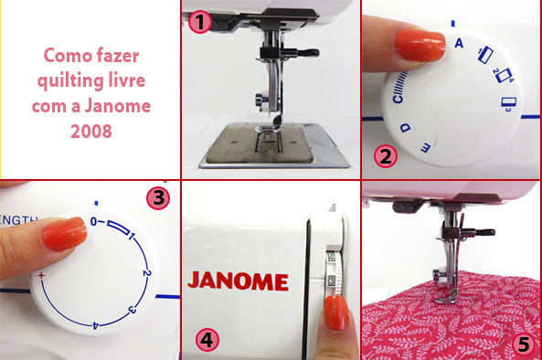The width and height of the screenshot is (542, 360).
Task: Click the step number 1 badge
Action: (199, 20)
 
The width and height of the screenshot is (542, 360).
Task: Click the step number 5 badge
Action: (522, 344)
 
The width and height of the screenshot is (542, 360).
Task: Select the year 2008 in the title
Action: (90, 130)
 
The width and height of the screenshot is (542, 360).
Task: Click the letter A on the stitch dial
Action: (458, 42)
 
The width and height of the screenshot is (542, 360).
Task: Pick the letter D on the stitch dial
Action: (403, 124)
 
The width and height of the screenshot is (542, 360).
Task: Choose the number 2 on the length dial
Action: (147, 273)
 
